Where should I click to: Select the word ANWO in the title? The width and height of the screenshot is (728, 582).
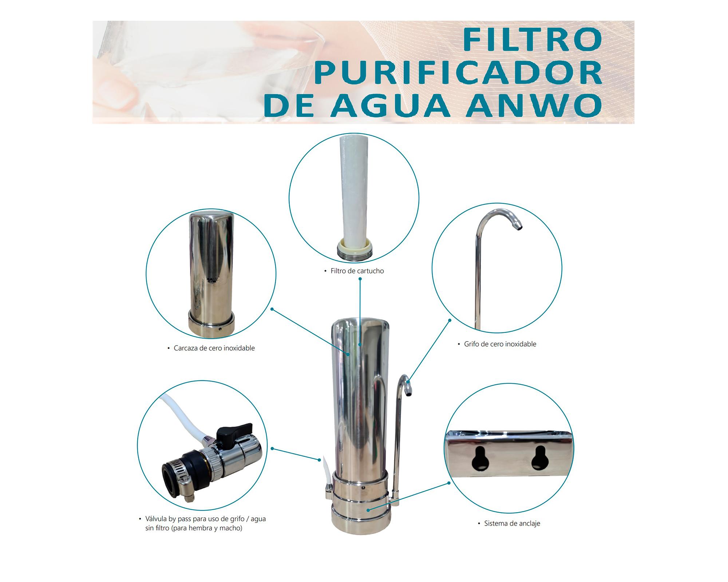534,105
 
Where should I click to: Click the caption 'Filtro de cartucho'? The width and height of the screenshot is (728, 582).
357,271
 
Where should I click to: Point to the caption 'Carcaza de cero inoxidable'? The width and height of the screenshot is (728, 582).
214,348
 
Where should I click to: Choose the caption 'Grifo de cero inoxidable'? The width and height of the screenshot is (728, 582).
500,344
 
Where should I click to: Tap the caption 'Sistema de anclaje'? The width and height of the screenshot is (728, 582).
512,523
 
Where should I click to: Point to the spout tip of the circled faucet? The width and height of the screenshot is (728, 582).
518,227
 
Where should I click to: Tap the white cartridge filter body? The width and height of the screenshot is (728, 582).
354,189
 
